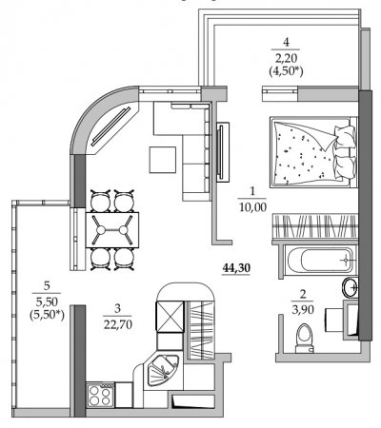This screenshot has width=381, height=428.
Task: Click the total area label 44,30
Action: (x=236, y=268)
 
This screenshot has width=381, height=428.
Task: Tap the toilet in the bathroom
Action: (x=304, y=339)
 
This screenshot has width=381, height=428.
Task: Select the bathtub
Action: (x=320, y=260)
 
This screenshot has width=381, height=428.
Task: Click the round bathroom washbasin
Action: (x=350, y=287)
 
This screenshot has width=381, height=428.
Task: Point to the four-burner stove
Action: (x=100, y=395)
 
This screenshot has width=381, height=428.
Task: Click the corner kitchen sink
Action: (x=163, y=370)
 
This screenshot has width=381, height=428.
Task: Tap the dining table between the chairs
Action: (x=112, y=230)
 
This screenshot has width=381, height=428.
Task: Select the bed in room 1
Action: (x=313, y=152)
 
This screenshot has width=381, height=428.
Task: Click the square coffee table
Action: (x=163, y=160)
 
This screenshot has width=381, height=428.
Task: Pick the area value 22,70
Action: (x=117, y=324)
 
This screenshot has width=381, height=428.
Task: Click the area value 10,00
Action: (x=252, y=207)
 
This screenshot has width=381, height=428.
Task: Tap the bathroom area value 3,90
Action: (x=303, y=309)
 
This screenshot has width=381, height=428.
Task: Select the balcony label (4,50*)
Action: (x=286, y=71)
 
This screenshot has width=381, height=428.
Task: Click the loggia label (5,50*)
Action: (x=47, y=315)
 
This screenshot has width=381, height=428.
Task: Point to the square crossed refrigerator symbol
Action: (x=170, y=316)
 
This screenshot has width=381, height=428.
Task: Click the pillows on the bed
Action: (x=345, y=151)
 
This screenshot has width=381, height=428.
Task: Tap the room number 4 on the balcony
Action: (x=286, y=42)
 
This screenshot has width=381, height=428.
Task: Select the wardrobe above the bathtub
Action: (x=314, y=226)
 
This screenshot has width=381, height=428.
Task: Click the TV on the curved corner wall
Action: (x=111, y=126)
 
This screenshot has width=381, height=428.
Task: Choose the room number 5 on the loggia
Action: (x=47, y=286)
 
